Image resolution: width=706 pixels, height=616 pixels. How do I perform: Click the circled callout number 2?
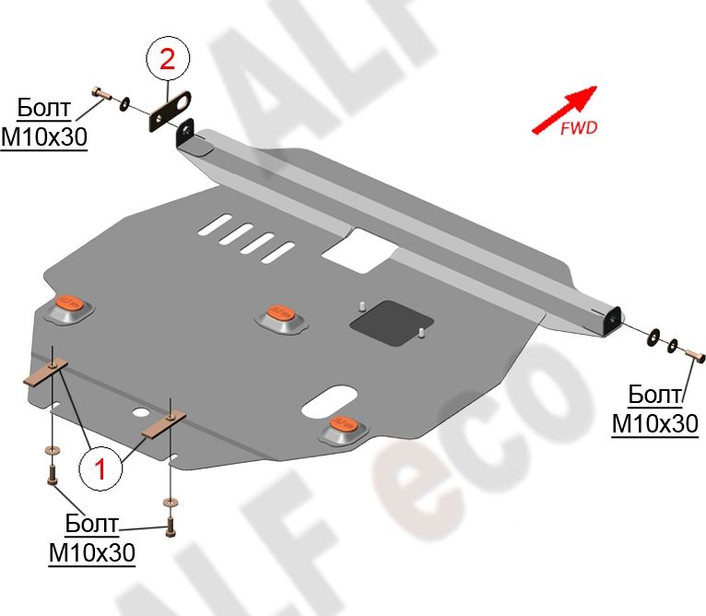(167, 61)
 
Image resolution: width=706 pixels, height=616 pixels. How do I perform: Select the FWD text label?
(579, 128)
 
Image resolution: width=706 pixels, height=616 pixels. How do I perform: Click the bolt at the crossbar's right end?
(697, 353)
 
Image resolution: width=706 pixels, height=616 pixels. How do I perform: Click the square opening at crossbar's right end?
(609, 322)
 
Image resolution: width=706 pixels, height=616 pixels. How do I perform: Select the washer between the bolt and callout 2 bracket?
(125, 101)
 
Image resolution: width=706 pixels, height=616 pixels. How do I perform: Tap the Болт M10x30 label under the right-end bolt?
(655, 409)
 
